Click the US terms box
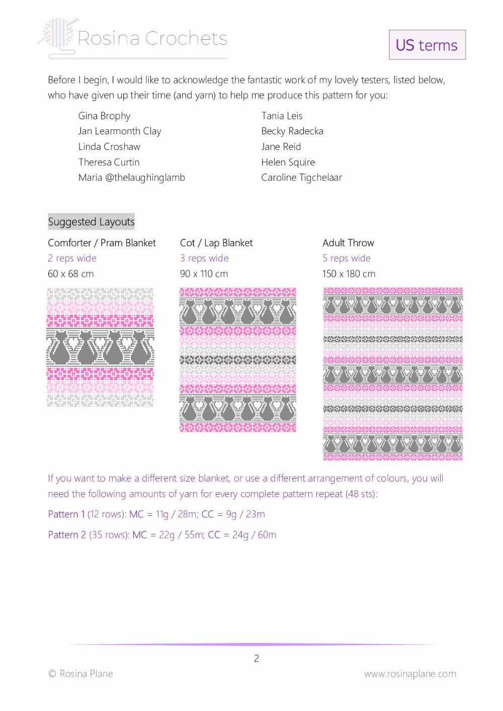[427, 45]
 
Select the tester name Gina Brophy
[104, 116]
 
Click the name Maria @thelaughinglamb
[132, 178]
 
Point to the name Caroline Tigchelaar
[301, 178]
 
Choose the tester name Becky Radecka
[292, 131]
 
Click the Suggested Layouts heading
[91, 222]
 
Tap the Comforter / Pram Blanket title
[102, 243]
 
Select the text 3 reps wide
[204, 258]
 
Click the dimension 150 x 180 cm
[349, 274]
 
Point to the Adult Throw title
[348, 243]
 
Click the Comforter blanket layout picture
[100, 347]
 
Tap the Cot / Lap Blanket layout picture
[238, 360]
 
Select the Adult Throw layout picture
[392, 374]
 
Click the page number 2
[257, 658]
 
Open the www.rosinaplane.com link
[410, 674]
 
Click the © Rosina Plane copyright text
[80, 674]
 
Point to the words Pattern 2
[67, 535]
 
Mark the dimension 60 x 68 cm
[70, 274]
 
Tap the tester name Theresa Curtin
[109, 162]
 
